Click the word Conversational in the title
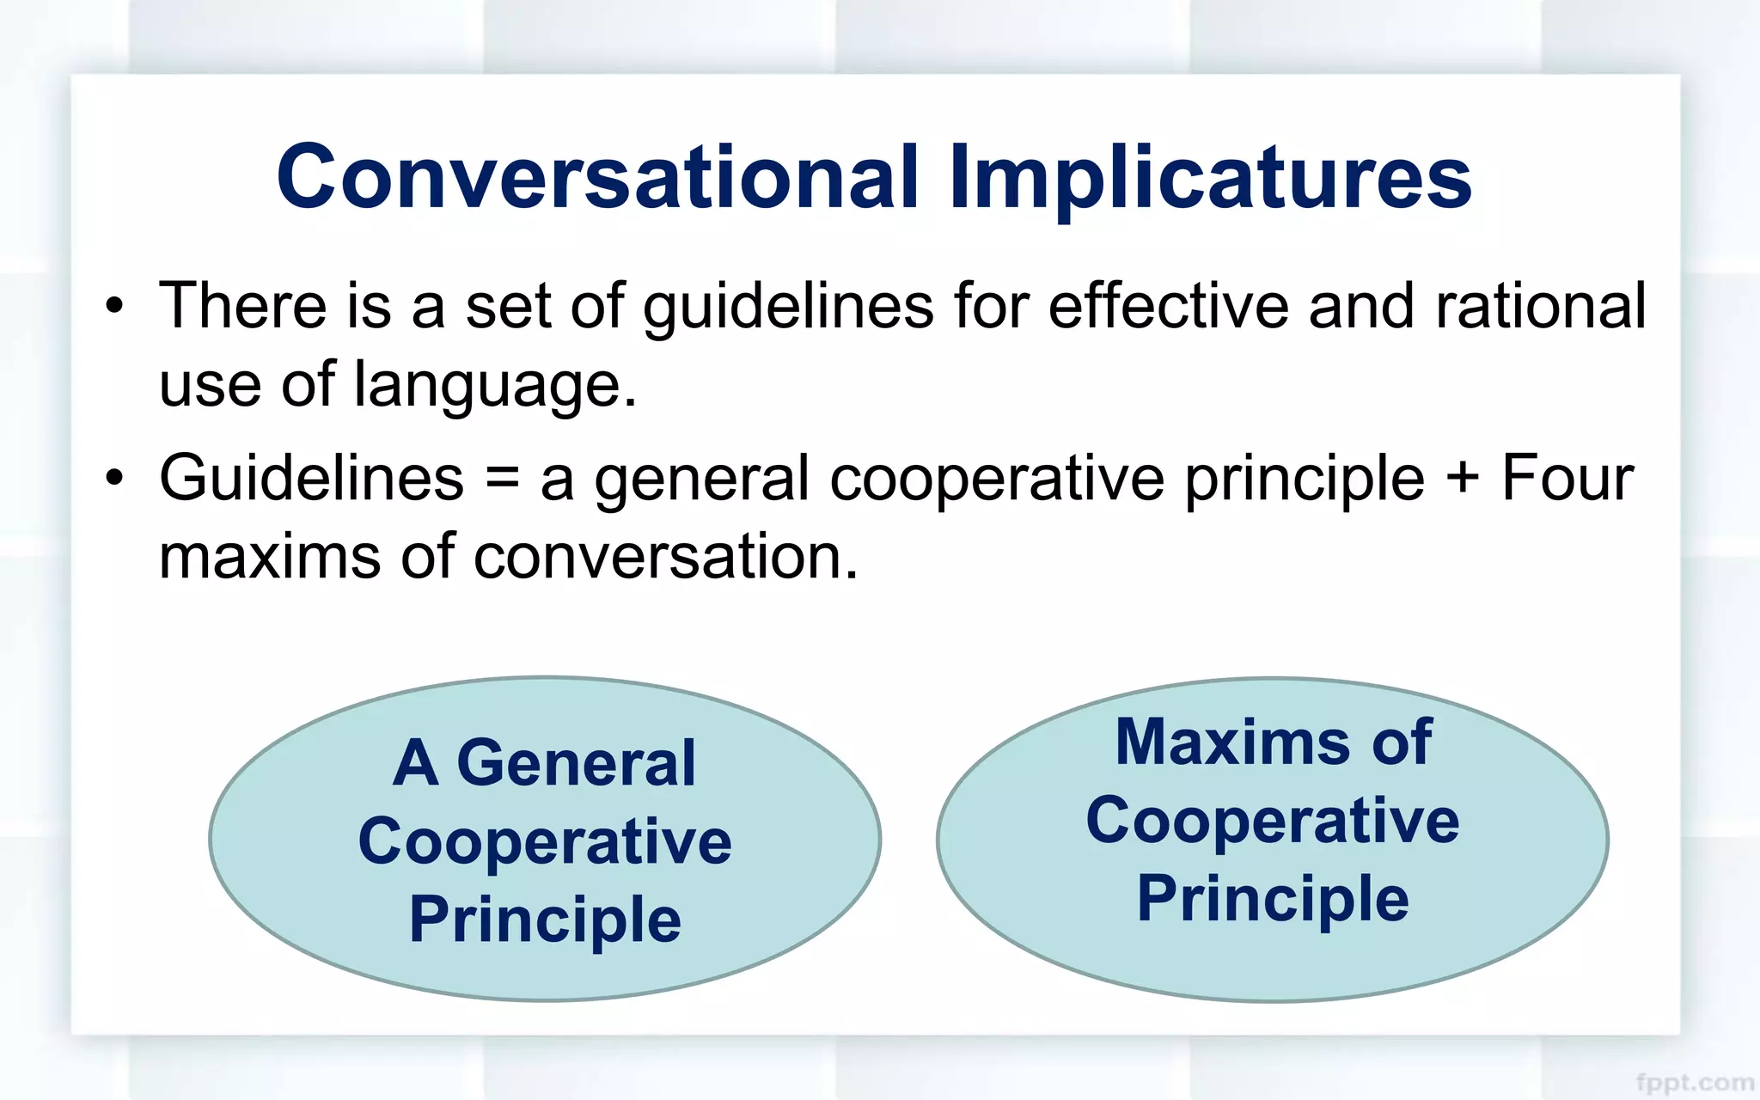pos(597,177)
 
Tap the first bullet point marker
pos(114,306)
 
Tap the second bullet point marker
pos(114,478)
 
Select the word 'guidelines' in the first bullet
pos(788,308)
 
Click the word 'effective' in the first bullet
pos(1168,306)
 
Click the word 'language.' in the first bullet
pos(496,385)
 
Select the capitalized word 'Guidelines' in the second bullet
pos(311,478)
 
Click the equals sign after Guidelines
pos(502,480)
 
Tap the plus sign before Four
pos(1463,479)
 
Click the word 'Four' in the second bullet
pos(1567,478)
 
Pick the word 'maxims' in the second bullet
pos(270,557)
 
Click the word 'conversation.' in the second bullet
pos(666,557)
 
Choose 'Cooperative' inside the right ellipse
pos(1272,822)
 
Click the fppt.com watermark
pos(1694,1083)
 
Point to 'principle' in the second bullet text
pos(1305,480)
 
